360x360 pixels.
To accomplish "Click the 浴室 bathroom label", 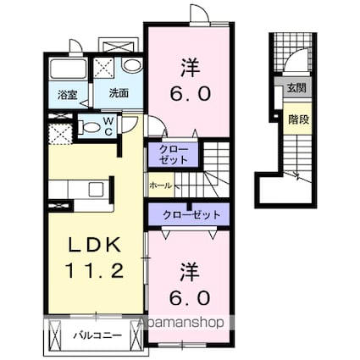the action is coord(68,95).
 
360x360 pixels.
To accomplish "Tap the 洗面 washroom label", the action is coord(119,93).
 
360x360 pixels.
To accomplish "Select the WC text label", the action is coord(108,126).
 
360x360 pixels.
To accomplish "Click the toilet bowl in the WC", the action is coord(89,127).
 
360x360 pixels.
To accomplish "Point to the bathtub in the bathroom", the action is coord(69,69).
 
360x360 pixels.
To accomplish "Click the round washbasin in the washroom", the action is coord(132,65).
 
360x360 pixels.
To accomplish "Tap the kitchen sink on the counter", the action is coord(97,189).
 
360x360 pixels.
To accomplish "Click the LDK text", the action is coord(95,246).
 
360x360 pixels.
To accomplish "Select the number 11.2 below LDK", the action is coord(95,270).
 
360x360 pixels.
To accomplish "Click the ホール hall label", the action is coord(160,186).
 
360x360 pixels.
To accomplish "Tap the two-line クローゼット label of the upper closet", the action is coord(173,154).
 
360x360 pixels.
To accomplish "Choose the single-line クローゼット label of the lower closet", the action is coord(191,215).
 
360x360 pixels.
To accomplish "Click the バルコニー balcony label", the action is coord(97,335).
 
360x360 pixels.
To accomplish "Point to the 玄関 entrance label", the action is coord(296,88).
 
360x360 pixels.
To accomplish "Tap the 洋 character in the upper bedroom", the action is coord(191,68).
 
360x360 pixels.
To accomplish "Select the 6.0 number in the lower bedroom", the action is coord(191,297).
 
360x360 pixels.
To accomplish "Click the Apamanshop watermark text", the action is coord(180,323).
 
